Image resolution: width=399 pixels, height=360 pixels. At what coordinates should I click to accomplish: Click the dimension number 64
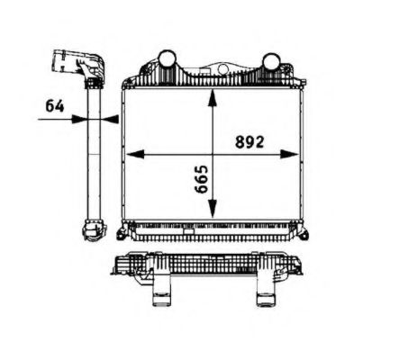pos(55,105)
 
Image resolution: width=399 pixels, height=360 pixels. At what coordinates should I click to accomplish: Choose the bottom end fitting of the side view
pos(93,234)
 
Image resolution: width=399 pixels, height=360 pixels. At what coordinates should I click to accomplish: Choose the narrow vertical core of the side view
pos(93,153)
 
